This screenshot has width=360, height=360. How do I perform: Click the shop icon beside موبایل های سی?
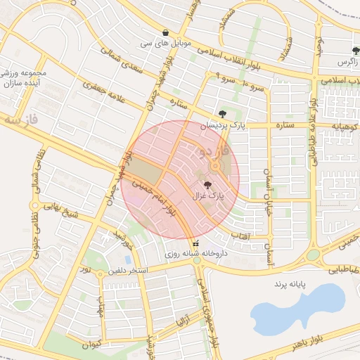click(x=165, y=32)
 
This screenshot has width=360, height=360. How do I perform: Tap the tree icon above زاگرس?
click(x=355, y=51)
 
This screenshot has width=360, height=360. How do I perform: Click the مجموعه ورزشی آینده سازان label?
click(x=23, y=77)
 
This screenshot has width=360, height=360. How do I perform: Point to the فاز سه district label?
click(x=20, y=120)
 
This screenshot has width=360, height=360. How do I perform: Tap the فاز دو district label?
click(x=211, y=150)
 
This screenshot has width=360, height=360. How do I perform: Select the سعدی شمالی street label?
click(x=121, y=62)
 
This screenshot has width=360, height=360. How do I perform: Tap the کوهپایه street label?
click(x=345, y=126)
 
